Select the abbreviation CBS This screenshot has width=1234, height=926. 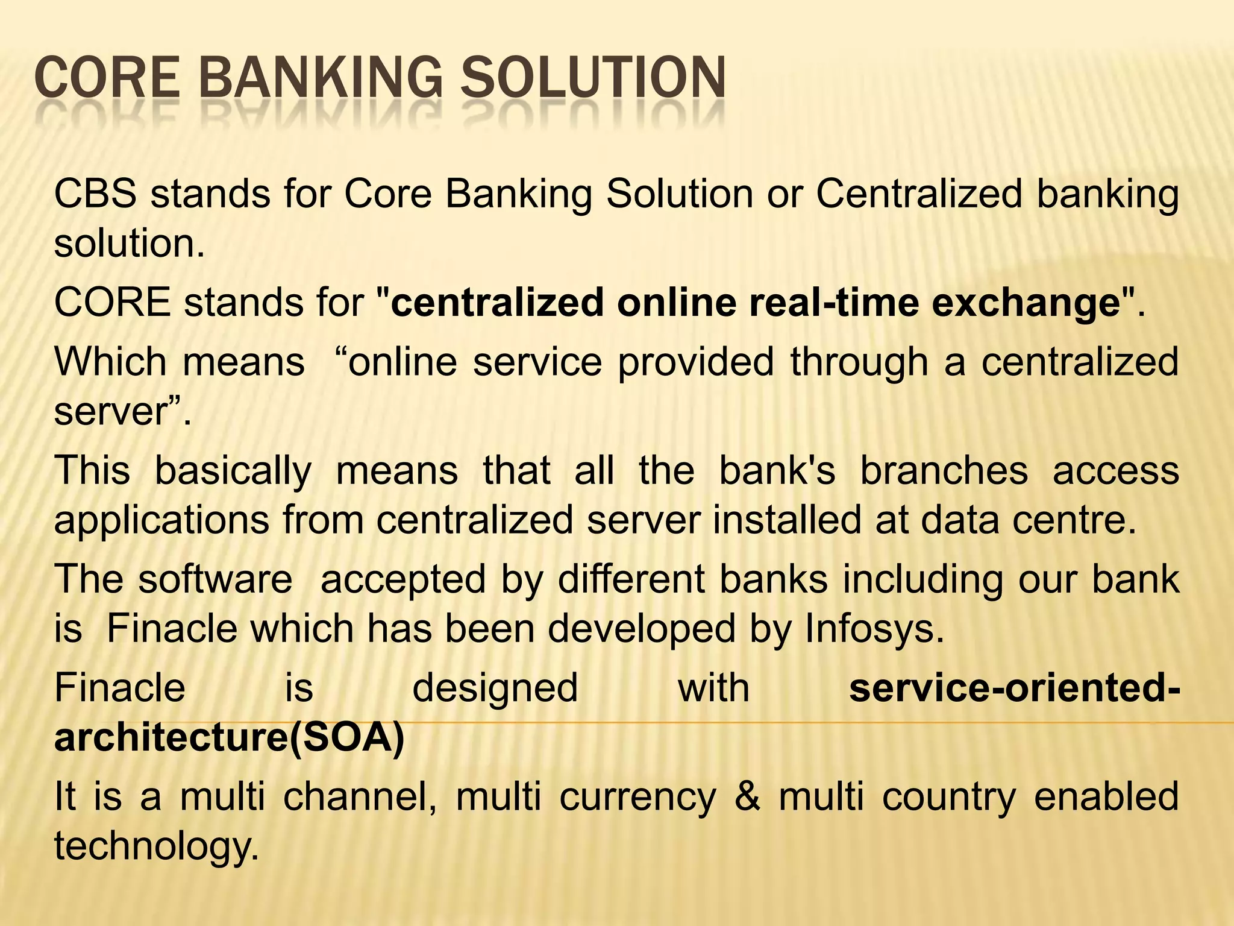[x=95, y=194]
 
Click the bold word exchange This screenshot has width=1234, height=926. [x=1026, y=302]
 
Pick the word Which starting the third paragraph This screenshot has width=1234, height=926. [x=110, y=362]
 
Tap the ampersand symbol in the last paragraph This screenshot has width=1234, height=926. [x=747, y=796]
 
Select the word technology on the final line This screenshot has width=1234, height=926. [x=156, y=846]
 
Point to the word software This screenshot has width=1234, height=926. [x=215, y=579]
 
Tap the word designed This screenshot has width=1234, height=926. [x=495, y=688]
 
